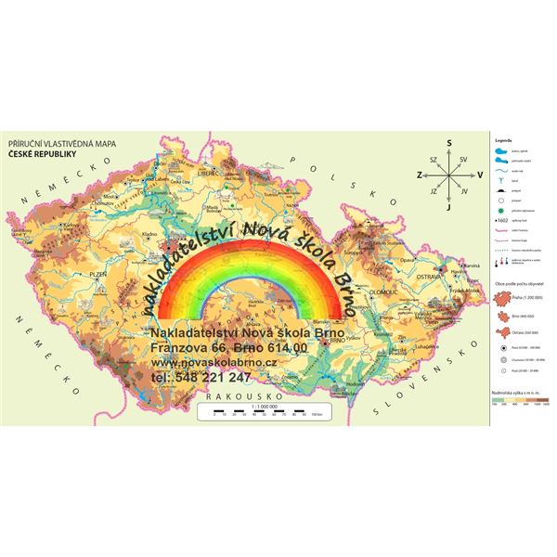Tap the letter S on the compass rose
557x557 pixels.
(x=448, y=142)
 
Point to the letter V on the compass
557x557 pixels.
(x=480, y=174)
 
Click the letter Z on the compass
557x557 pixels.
(x=418, y=174)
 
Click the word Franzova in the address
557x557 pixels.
(x=178, y=347)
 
